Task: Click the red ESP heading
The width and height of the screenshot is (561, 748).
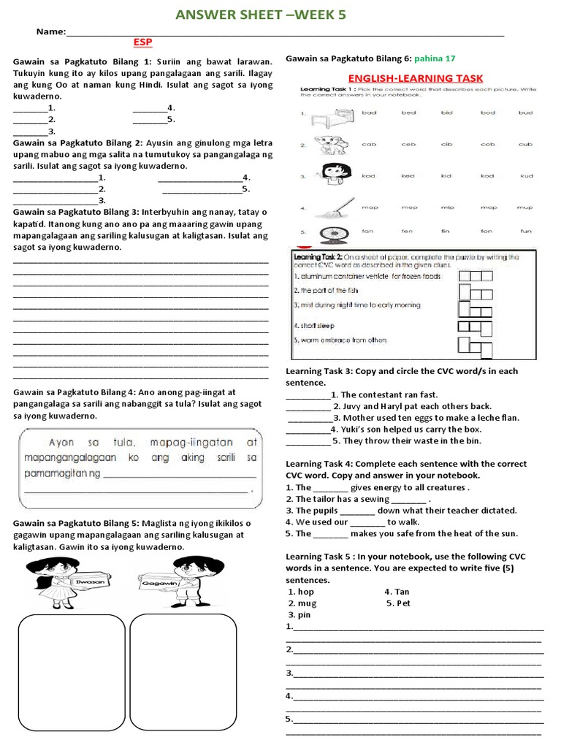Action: point(143,42)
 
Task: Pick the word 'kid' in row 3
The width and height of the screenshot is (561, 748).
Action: point(447,176)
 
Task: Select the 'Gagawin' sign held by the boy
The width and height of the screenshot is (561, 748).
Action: point(155,583)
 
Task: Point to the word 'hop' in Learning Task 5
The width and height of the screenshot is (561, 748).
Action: point(305,592)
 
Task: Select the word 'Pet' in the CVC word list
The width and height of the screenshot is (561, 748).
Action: point(404,603)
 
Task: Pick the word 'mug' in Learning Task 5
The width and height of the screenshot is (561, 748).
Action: point(307,603)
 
